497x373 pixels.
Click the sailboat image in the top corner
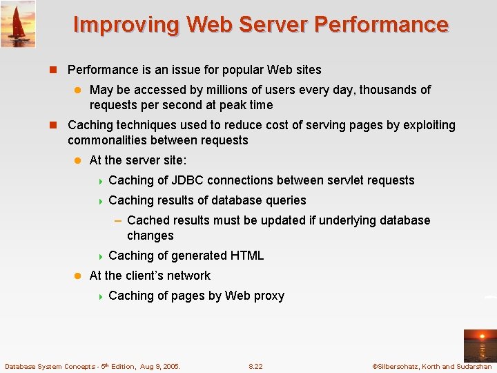(18, 23)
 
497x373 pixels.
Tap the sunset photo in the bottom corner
(479, 345)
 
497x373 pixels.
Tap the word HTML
(247, 256)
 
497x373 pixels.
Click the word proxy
(269, 296)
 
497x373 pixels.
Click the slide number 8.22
(255, 367)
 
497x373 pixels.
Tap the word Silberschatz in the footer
(397, 367)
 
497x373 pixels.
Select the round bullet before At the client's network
(78, 276)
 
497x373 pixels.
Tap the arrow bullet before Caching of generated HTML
(100, 256)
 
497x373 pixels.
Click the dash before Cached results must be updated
(118, 220)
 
